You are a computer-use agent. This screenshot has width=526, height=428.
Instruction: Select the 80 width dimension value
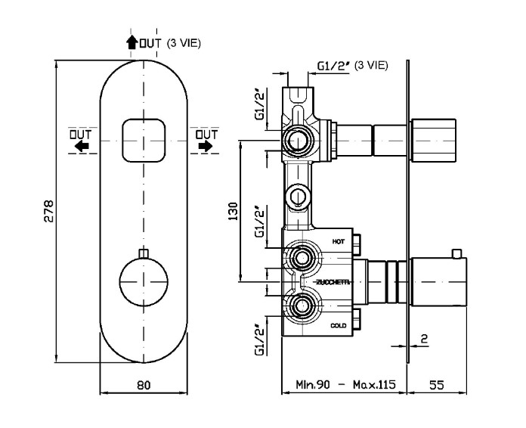point(144,385)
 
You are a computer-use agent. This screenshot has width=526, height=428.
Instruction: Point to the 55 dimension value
point(436,385)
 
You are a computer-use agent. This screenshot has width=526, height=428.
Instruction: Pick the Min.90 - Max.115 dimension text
point(344,385)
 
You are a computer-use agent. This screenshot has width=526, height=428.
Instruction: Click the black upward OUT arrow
point(131,43)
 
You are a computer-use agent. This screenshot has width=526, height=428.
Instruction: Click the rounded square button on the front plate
point(144,139)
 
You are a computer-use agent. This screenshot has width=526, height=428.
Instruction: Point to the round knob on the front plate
point(144,283)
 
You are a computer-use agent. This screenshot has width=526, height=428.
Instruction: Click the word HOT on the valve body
point(339,240)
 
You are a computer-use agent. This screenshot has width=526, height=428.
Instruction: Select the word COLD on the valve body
point(339,325)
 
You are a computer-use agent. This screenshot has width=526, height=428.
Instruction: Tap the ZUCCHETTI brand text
point(333,282)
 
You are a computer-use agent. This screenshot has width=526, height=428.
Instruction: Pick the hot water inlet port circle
point(303,258)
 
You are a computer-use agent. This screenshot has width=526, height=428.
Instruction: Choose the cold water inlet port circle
point(303,307)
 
